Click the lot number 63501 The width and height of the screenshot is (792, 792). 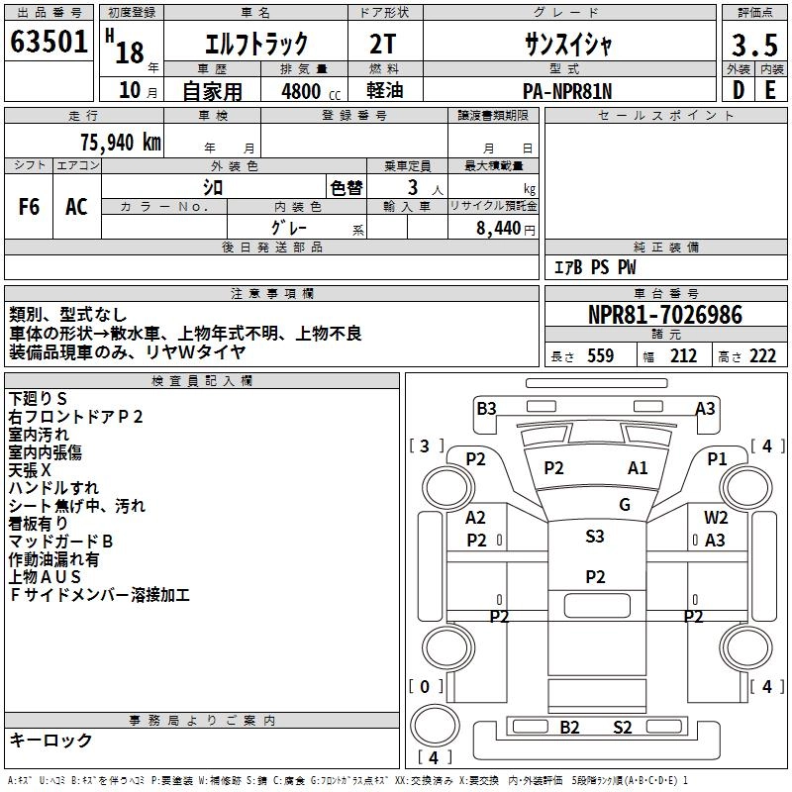pos(49,44)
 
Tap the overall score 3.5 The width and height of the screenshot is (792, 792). pos(753,45)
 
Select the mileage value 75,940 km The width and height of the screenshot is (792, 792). pos(120,142)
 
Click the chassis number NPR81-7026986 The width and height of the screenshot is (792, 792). pos(664,315)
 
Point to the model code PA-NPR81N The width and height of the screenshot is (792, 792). pos(567,90)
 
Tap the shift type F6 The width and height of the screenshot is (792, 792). pos(30,206)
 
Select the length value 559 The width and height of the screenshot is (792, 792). pos(600,355)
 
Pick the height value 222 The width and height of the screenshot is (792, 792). pos(761,355)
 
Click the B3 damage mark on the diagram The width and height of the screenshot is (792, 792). pos(486,408)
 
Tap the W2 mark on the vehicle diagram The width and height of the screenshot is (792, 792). pos(716,517)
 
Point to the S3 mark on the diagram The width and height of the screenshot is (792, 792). pos(594,537)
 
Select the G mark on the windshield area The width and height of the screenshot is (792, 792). pos(625,505)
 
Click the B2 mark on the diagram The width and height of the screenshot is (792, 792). pos(569,728)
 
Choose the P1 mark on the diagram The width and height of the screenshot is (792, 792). pos(717,458)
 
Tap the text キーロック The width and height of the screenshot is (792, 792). pos(51,740)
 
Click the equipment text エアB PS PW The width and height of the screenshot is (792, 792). pos(594,267)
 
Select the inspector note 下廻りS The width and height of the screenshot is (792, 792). pos(38,398)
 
